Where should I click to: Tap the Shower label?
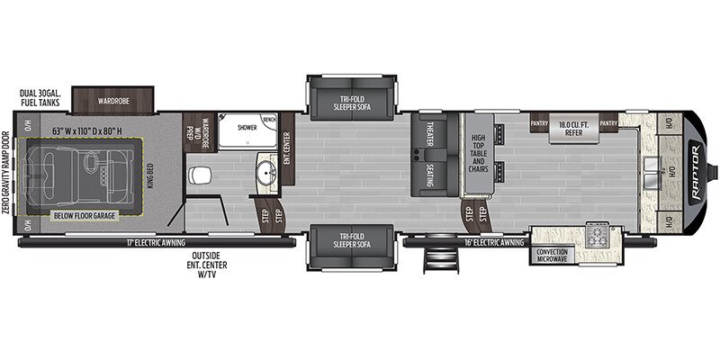247,128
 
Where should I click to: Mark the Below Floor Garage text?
76,217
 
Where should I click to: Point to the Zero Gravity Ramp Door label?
9,172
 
